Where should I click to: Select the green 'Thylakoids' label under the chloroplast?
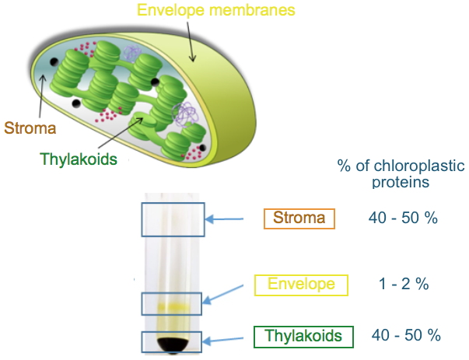pyautogui.click(x=79, y=159)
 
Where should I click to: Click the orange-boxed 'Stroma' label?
pyautogui.click(x=299, y=218)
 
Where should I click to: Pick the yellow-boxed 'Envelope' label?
pyautogui.click(x=301, y=285)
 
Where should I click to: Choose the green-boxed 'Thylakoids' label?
pyautogui.click(x=303, y=336)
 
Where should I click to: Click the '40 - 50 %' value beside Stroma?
pyautogui.click(x=403, y=218)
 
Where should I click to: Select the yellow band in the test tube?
pyautogui.click(x=172, y=306)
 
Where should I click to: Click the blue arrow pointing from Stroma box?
pyautogui.click(x=232, y=218)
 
